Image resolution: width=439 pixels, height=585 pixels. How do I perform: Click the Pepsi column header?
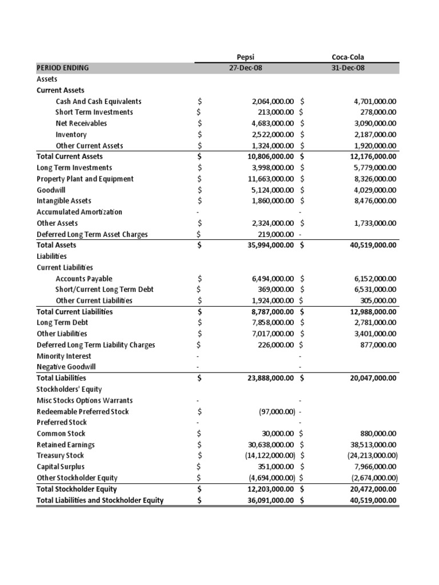point(245,57)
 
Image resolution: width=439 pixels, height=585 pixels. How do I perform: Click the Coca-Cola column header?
point(348,57)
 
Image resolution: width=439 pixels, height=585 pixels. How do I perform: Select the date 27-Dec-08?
point(245,68)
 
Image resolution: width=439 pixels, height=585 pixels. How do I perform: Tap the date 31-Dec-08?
point(348,68)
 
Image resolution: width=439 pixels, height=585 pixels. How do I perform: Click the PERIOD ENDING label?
point(63,68)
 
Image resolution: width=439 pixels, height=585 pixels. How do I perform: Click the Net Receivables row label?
point(81,123)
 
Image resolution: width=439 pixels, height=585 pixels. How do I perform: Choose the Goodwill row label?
point(50,190)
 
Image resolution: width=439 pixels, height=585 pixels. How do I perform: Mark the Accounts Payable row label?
point(84,279)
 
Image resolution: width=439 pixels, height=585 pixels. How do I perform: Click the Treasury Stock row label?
point(60,456)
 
